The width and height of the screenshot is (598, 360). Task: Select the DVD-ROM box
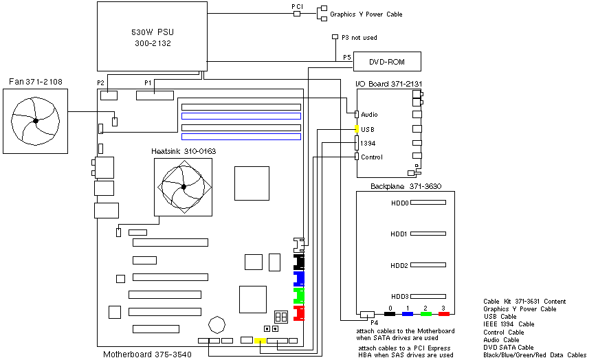click(386, 63)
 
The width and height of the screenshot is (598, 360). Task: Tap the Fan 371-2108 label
click(35, 82)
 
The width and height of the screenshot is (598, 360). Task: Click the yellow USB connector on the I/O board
click(356, 128)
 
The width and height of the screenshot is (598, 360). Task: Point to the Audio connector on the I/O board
click(357, 114)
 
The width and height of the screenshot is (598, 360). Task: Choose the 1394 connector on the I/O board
click(356, 142)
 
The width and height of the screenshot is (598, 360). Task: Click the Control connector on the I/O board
click(356, 157)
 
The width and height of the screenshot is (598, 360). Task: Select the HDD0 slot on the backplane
click(419, 203)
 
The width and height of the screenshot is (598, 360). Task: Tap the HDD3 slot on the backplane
click(419, 296)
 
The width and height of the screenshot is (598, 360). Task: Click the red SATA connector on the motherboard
click(299, 314)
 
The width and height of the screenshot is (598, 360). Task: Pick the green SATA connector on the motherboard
click(299, 295)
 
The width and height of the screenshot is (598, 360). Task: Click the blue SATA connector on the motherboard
click(299, 278)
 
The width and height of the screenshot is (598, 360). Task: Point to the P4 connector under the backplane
click(366, 314)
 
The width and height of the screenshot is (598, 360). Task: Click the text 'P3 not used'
click(359, 37)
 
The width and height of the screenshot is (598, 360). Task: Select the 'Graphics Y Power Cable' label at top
click(366, 14)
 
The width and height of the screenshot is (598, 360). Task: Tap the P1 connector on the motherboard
click(155, 94)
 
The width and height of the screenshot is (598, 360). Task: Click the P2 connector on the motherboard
click(109, 95)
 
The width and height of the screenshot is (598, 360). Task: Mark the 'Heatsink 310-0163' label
click(181, 151)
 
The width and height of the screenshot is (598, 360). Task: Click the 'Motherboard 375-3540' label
click(147, 355)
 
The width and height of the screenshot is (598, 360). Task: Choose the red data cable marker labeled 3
click(443, 314)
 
